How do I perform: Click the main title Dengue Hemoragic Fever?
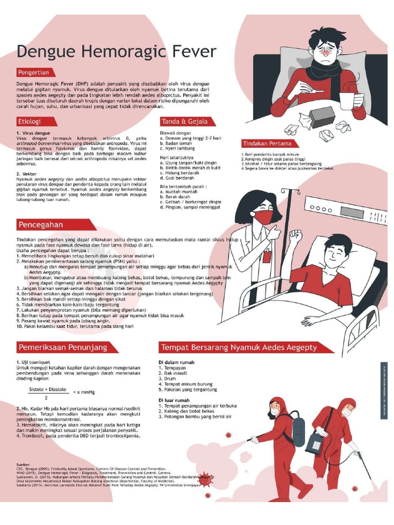117,51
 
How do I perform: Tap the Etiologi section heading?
29,122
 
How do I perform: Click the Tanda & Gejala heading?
184,122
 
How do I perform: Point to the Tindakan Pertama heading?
267,144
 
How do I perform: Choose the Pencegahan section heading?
41,225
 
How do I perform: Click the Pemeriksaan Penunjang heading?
63,347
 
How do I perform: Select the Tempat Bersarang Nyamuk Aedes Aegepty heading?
239,347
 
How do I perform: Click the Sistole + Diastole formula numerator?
47,390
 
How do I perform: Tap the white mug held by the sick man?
347,100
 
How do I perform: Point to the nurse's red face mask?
263,217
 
